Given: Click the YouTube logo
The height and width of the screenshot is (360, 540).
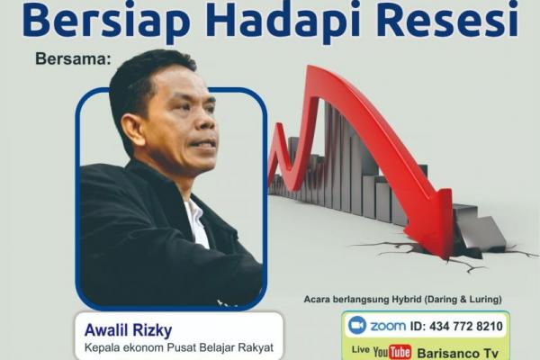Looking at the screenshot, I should tap(392, 350).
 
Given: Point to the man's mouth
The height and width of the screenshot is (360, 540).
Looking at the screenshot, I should tap(206, 146).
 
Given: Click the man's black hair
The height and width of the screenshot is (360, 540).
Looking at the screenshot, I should tap(144, 76).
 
